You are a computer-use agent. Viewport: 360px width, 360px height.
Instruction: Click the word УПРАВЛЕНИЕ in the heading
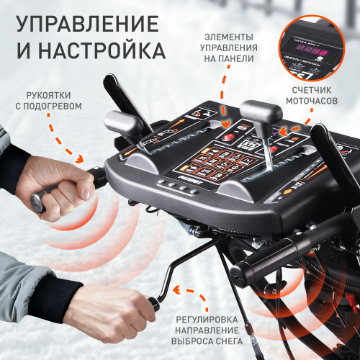click(86, 23)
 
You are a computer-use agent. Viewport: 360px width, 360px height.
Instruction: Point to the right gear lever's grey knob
click(261, 113)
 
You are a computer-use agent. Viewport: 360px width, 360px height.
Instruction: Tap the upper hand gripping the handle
click(67, 189)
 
